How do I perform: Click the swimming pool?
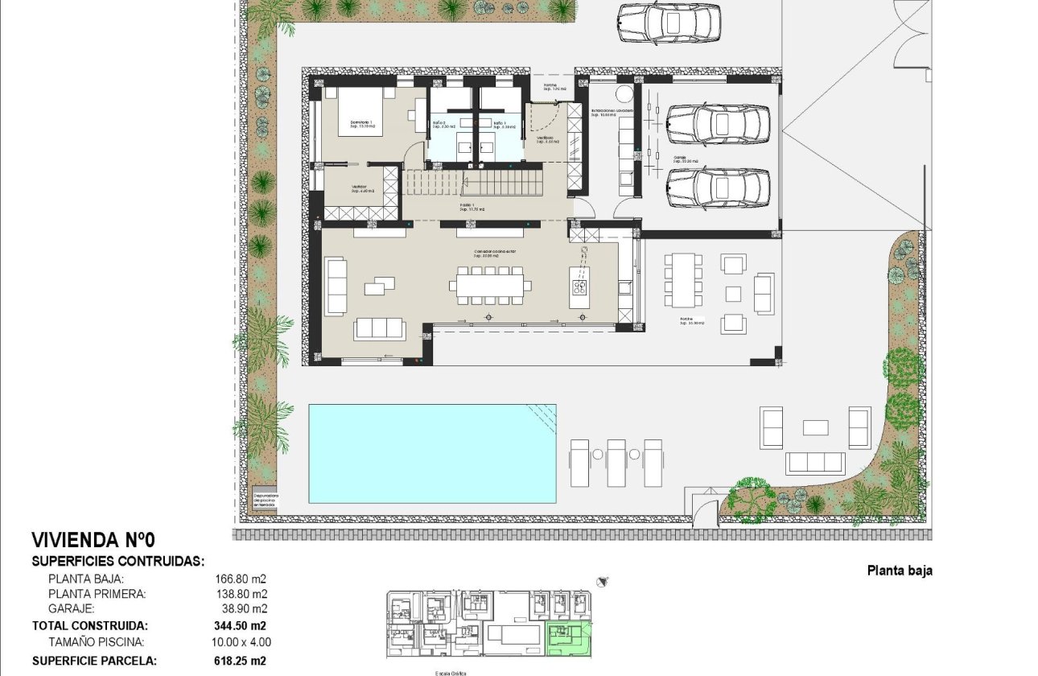pos(432,453)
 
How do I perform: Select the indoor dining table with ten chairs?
pos(490,284)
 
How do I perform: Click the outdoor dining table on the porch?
pos(684,278)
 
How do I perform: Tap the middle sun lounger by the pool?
pos(616,462)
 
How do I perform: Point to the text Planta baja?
pos(900,571)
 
